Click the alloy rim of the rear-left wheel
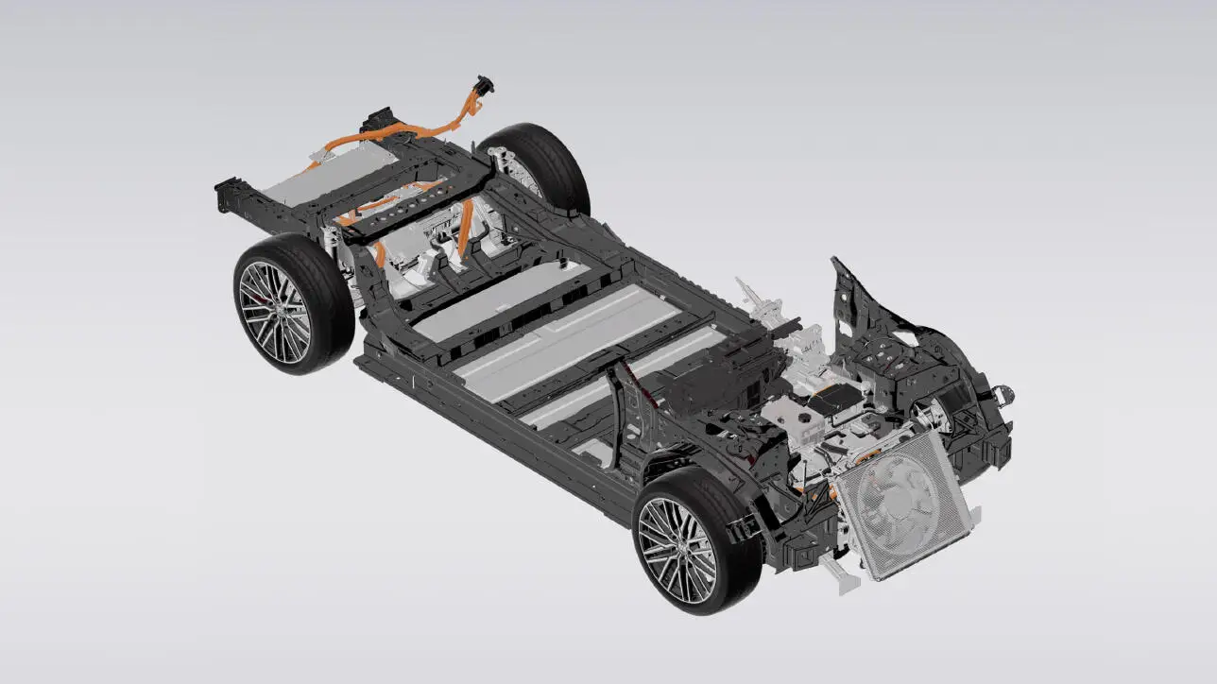273,312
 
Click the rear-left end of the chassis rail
227,194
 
